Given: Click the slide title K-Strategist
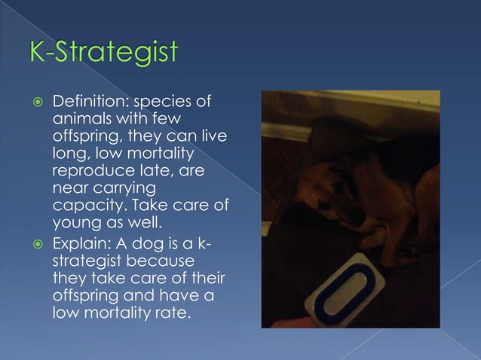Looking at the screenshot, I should (103, 53).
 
